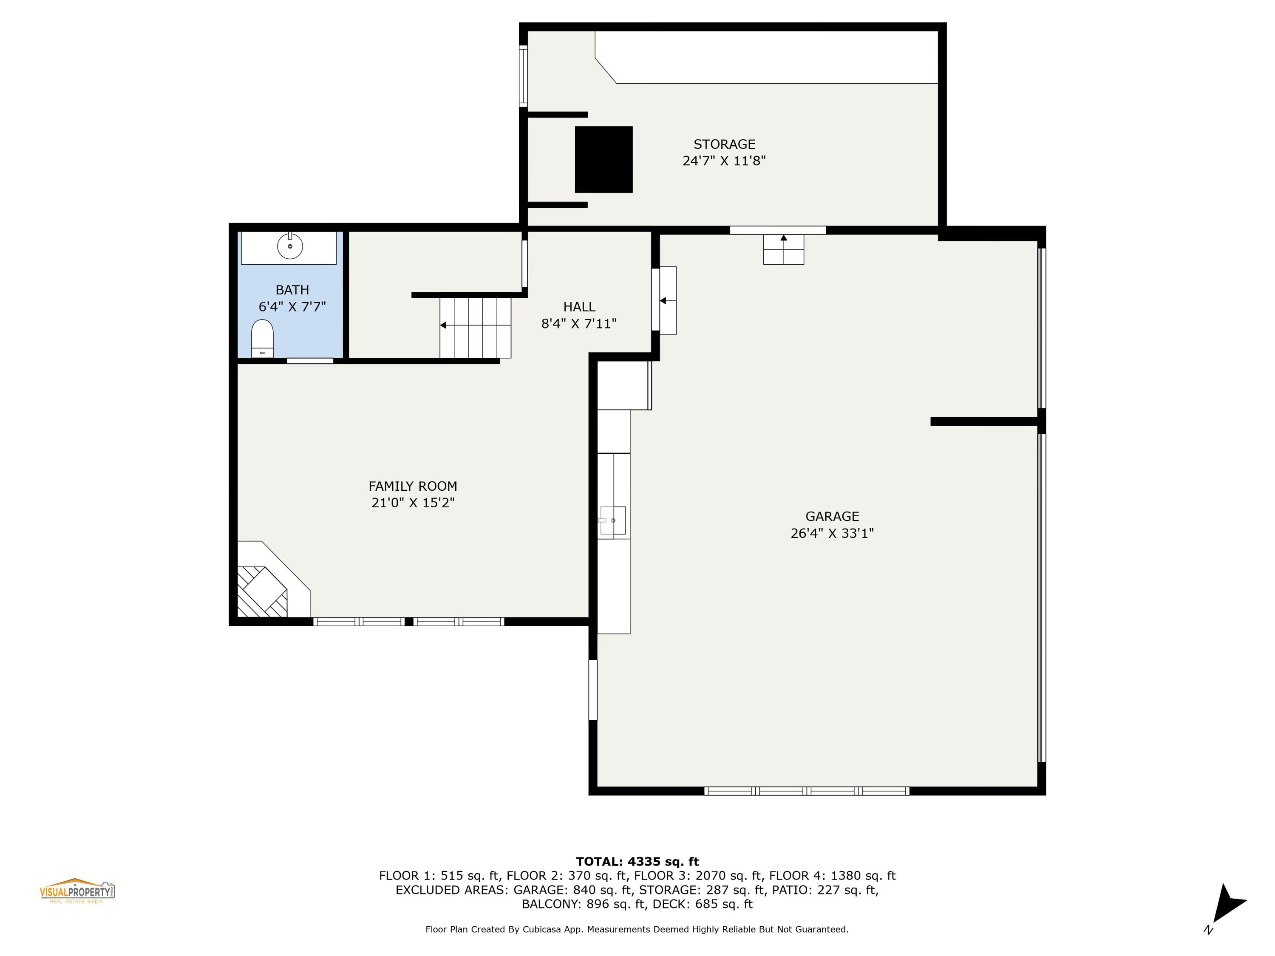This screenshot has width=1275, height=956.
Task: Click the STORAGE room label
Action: click(x=724, y=144)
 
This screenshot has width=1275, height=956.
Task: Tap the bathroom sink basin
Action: click(x=290, y=246)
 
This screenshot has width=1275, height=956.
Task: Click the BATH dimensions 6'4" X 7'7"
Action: click(x=292, y=307)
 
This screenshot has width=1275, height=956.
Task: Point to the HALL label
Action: click(x=579, y=307)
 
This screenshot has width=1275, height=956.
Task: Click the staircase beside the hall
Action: click(x=476, y=327)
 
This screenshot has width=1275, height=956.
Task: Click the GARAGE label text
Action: click(x=832, y=516)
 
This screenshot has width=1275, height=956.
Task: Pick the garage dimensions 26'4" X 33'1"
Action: click(x=832, y=533)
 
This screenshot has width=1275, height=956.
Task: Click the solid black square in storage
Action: click(x=603, y=160)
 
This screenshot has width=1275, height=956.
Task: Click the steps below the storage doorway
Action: click(x=783, y=249)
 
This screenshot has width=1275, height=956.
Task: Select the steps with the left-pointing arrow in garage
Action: click(x=668, y=300)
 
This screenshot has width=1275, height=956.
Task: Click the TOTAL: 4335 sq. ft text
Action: click(x=637, y=862)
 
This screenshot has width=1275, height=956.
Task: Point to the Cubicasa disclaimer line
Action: click(x=637, y=929)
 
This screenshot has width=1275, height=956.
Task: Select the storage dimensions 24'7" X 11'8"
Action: click(x=724, y=161)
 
